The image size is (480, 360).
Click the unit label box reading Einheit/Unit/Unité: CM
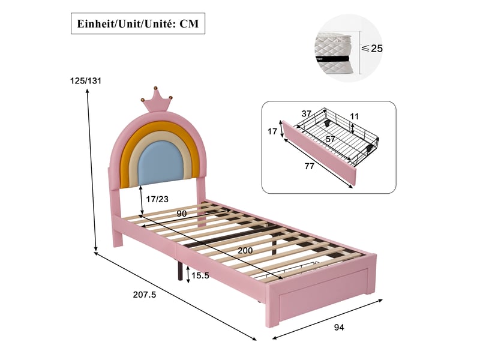coord(138,23)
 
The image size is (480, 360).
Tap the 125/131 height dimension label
coord(86,81)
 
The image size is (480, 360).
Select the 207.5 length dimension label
coord(145,295)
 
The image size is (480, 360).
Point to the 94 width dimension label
coord(339,327)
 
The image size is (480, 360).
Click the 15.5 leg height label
coord(200,275)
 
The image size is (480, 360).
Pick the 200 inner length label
coord(245,250)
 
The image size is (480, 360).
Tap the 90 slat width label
coord(182,214)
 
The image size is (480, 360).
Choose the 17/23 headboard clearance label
coord(157,199)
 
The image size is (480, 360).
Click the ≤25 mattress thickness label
coord(372,49)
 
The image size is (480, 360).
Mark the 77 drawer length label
coord(310,166)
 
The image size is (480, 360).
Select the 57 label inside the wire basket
coord(331,139)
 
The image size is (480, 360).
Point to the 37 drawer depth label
coord(307,113)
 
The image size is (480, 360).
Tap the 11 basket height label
coord(354,116)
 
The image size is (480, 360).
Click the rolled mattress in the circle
coord(334,53)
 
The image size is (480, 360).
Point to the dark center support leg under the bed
coord(178,269)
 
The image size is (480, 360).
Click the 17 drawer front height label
coord(272,131)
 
